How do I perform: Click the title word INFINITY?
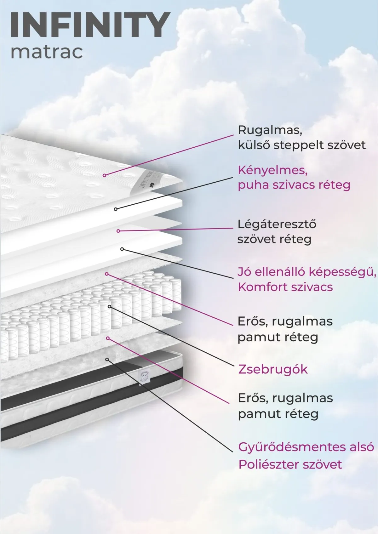(x=90, y=25)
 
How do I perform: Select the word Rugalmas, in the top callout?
(x=270, y=131)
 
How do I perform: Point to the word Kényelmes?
(x=272, y=171)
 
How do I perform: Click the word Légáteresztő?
(x=277, y=224)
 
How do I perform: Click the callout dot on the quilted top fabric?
(x=104, y=175)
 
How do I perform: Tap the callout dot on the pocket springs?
(x=110, y=306)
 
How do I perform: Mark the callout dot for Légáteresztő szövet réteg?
(x=118, y=231)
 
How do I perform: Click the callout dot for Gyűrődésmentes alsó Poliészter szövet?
(x=107, y=360)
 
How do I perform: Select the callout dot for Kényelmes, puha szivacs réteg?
(x=116, y=209)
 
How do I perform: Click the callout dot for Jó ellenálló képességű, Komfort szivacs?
(x=122, y=249)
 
